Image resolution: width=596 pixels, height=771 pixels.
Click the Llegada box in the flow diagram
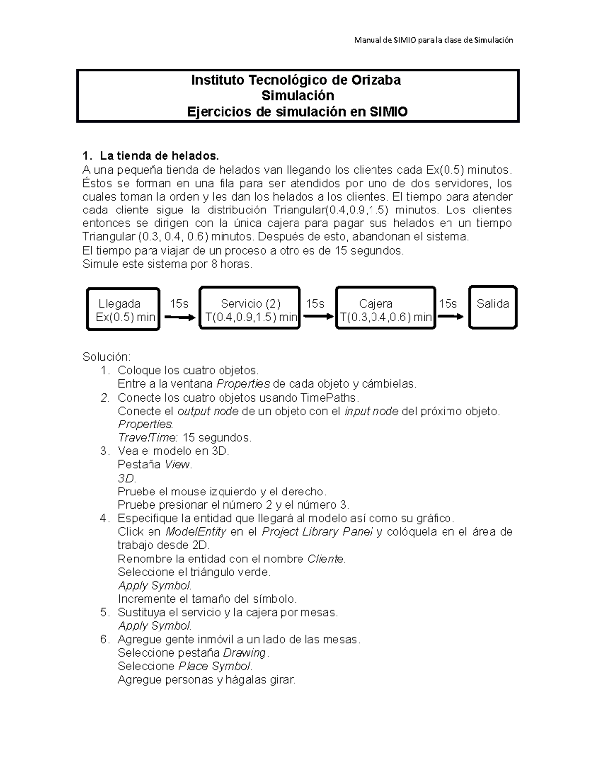pyautogui.click(x=123, y=309)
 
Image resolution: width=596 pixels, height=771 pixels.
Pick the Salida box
pyautogui.click(x=493, y=307)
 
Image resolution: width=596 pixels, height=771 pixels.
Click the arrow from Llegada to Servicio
pyautogui.click(x=180, y=317)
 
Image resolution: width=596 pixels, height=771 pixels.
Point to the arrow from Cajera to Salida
pyautogui.click(x=450, y=317)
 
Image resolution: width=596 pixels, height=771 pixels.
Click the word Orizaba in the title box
pyautogui.click(x=376, y=80)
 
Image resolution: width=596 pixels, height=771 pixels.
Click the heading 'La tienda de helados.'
pyautogui.click(x=159, y=156)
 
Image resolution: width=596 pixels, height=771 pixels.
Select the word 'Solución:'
pyautogui.click(x=106, y=357)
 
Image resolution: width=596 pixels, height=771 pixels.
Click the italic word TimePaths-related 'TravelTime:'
pyautogui.click(x=148, y=437)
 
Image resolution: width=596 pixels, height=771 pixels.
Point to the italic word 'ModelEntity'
pyautogui.click(x=196, y=532)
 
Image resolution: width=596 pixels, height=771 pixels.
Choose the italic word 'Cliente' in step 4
pyautogui.click(x=326, y=559)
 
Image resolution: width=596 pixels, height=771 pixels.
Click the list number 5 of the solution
pyautogui.click(x=104, y=612)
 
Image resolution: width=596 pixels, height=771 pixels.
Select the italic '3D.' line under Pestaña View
pyautogui.click(x=126, y=478)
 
